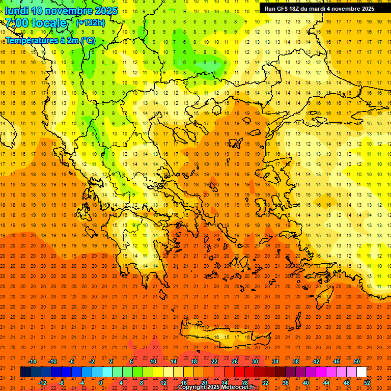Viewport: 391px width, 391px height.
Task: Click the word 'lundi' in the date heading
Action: click(16, 11)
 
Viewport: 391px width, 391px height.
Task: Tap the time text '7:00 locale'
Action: click(36, 23)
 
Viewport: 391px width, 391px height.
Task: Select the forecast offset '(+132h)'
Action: click(90, 22)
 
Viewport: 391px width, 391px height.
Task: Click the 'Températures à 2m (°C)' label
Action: click(50, 40)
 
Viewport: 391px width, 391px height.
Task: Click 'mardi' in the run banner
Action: click(320, 9)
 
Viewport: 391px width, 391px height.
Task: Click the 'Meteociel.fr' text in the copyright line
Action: click(238, 387)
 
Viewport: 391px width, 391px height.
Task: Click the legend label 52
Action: click(367, 383)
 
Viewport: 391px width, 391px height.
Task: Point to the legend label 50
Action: click(357, 361)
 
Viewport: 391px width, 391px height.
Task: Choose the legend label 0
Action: click(101, 383)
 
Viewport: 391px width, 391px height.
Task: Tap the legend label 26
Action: click(235, 361)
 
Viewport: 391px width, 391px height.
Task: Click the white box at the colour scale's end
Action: click(361, 372)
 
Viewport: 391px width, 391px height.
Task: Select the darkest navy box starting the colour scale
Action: click(25, 372)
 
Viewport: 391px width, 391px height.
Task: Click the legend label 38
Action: click(296, 361)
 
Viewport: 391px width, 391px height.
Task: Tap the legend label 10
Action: click(153, 361)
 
